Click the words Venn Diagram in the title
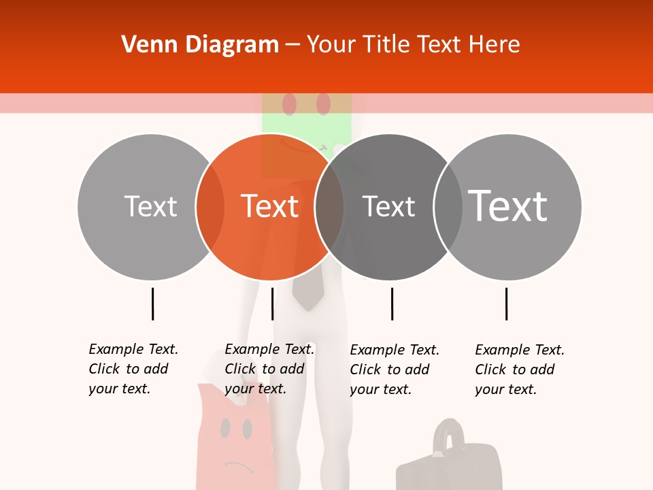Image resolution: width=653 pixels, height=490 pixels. (200, 45)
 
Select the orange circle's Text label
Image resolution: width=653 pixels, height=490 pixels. (270, 206)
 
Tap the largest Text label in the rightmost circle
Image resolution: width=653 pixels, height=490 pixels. (507, 206)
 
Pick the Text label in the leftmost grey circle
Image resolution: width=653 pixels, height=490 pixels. (150, 206)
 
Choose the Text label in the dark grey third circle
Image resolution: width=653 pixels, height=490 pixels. (388, 207)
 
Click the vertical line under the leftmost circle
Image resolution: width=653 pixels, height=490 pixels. (152, 304)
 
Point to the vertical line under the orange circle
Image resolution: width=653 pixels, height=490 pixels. (272, 304)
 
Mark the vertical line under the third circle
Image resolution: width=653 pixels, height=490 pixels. (392, 304)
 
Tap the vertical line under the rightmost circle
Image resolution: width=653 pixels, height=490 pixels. (506, 304)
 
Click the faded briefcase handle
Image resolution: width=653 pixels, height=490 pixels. (448, 433)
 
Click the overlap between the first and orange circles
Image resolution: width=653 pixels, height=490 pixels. (210, 207)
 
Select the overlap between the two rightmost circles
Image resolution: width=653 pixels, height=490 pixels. (448, 207)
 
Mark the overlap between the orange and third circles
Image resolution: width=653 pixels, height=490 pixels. (329, 207)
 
